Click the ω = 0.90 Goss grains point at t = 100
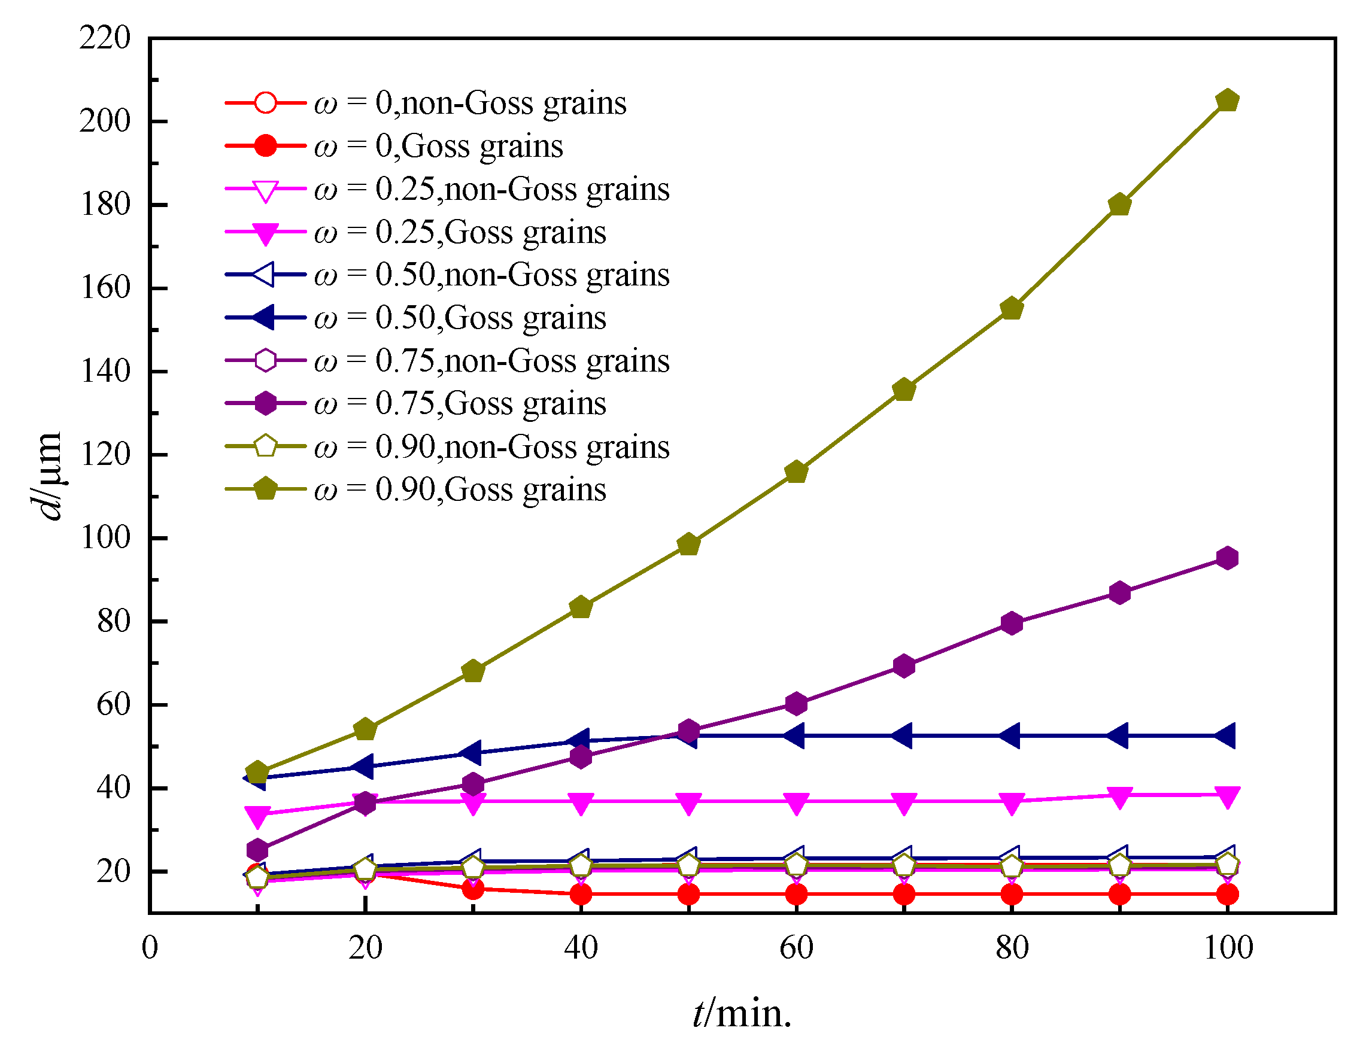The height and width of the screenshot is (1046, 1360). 1227,101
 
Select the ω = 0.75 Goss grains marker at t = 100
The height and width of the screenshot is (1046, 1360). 1227,558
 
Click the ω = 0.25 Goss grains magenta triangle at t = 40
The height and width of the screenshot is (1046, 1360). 581,804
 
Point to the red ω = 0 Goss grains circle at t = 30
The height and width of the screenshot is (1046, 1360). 473,889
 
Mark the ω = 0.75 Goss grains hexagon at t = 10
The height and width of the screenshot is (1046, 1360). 257,850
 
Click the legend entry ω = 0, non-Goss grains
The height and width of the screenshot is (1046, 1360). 470,103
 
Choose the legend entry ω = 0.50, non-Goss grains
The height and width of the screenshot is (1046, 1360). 492,275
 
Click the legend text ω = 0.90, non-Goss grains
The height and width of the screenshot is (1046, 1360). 492,447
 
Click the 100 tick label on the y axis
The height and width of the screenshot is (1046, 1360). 105,537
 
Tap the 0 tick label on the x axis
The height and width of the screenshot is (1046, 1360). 150,948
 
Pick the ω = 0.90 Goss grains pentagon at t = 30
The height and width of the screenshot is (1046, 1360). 473,671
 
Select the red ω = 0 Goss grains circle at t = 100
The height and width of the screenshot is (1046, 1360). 1227,895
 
